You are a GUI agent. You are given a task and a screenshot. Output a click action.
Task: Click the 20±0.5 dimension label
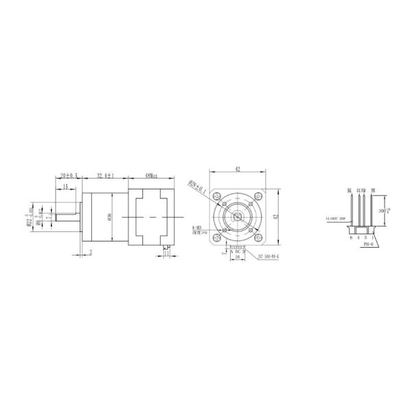(x=68, y=176)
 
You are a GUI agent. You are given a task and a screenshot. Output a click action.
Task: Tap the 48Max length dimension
(x=151, y=176)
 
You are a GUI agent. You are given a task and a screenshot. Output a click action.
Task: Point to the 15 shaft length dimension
(x=65, y=187)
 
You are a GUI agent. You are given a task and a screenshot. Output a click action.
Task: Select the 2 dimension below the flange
(x=91, y=251)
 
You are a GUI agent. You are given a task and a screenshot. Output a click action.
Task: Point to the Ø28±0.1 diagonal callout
(x=196, y=184)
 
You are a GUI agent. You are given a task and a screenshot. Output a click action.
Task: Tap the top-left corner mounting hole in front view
(x=218, y=193)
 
